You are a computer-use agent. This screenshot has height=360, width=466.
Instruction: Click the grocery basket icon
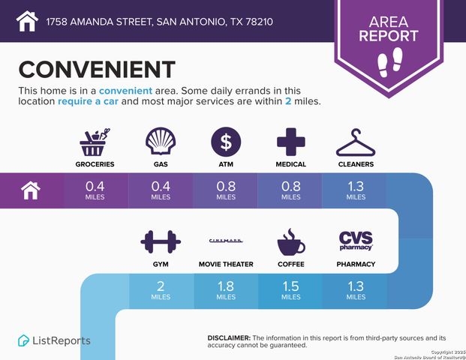click(x=96, y=142)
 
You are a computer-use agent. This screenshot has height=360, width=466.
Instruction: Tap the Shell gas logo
click(x=161, y=142)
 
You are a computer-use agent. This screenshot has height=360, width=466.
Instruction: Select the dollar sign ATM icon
click(x=225, y=142)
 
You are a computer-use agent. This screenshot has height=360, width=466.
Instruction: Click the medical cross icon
click(x=290, y=142)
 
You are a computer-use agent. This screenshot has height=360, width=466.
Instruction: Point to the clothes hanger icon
click(x=355, y=142)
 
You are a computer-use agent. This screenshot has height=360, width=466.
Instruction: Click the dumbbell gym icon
click(x=161, y=242)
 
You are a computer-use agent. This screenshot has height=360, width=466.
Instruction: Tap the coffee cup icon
click(x=290, y=242)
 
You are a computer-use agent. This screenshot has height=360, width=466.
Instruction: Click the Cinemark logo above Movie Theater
click(x=226, y=241)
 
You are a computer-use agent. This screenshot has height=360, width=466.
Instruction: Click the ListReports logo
click(x=54, y=340)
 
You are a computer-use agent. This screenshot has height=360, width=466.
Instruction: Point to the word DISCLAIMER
click(x=228, y=338)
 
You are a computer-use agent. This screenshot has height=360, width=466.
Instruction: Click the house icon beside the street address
click(x=27, y=20)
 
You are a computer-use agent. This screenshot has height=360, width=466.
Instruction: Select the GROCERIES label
click(x=96, y=163)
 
